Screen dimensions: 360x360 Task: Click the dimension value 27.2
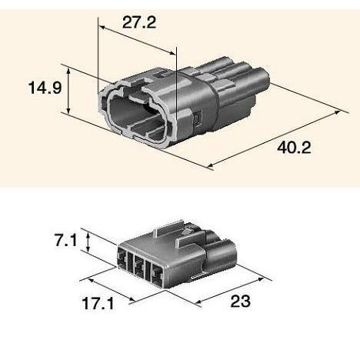point(139,22)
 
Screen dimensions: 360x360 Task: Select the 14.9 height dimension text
point(45,87)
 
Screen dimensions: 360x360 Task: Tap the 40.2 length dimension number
point(294,148)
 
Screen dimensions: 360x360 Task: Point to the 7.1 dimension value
point(66,241)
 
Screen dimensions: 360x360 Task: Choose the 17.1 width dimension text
point(98,303)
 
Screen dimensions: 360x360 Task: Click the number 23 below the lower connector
point(240,301)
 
